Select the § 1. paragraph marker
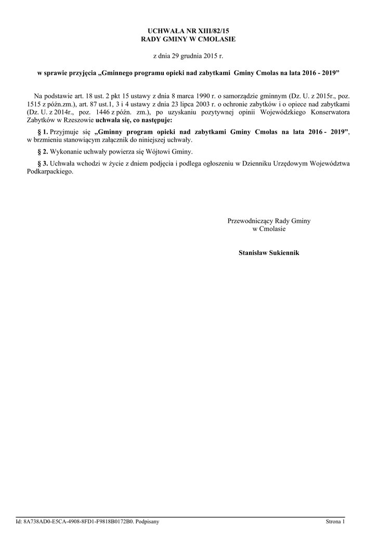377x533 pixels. click(x=43, y=132)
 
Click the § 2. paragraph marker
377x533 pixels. click(x=43, y=151)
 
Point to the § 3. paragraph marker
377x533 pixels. click(x=43, y=163)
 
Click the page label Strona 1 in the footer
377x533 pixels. click(x=335, y=521)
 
